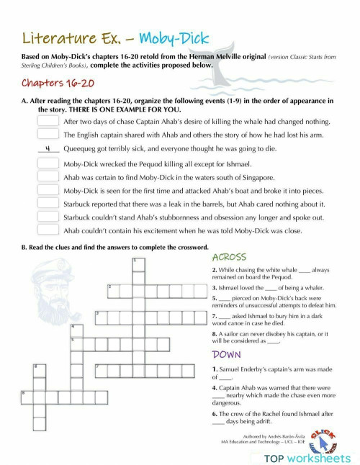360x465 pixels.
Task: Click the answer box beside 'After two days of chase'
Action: (48, 122)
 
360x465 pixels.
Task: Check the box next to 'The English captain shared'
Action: (48, 135)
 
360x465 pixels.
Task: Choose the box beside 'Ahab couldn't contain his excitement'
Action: (48, 230)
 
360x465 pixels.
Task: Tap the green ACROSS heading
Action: (230, 257)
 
